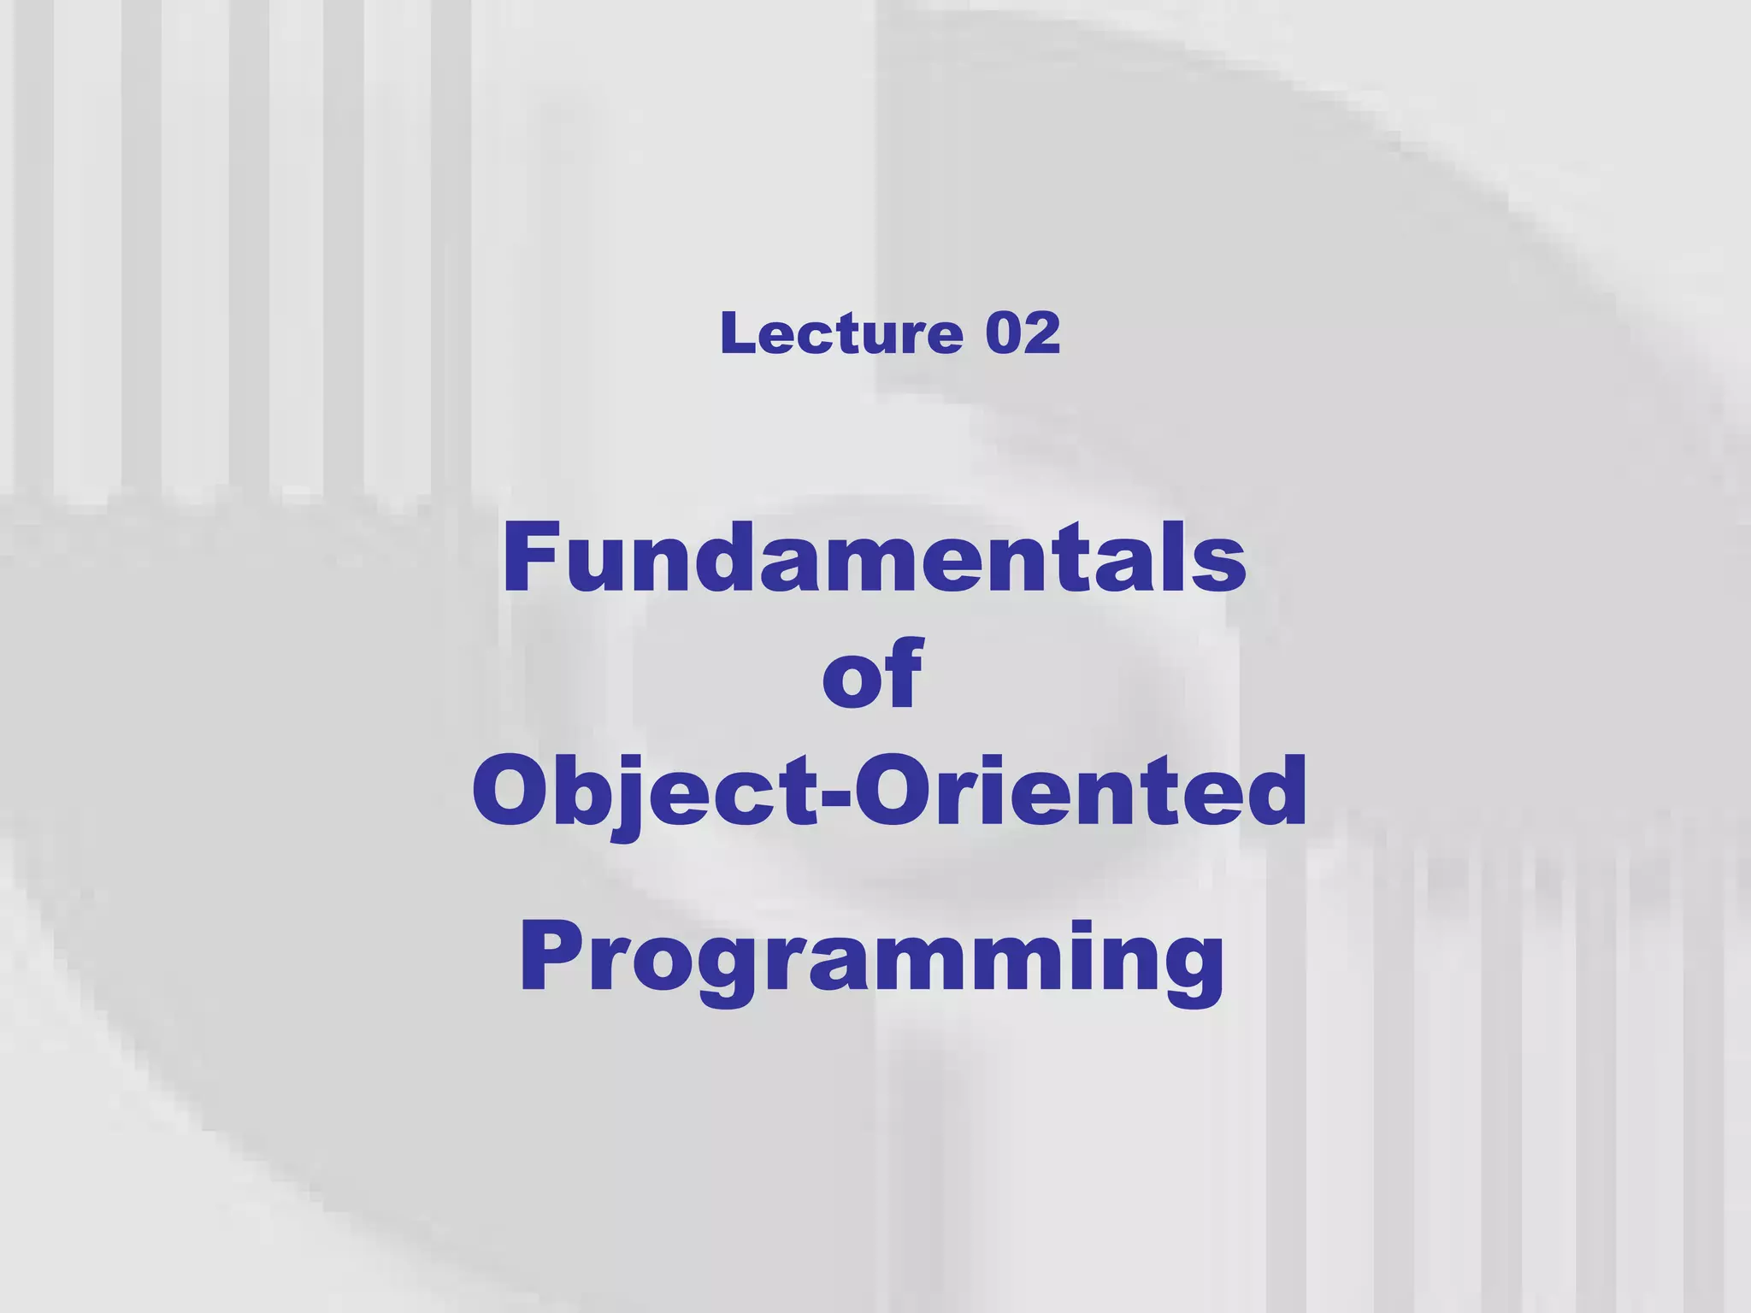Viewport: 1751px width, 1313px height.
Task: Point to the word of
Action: [x=872, y=674]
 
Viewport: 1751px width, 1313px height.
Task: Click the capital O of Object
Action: [x=510, y=791]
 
